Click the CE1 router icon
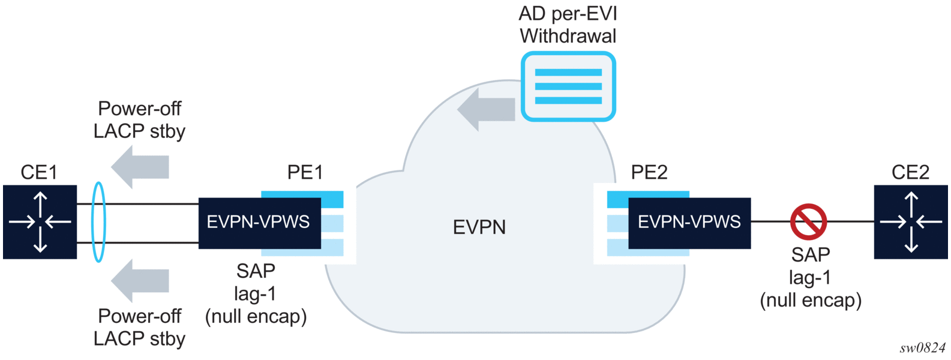[40, 222]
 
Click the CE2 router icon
[911, 222]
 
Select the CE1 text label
[39, 173]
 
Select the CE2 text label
[910, 173]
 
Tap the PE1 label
[305, 173]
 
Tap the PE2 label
[649, 173]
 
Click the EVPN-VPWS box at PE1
[259, 223]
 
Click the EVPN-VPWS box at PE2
[689, 223]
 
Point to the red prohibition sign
[808, 221]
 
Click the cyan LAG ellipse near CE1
[98, 222]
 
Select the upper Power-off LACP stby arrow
[140, 166]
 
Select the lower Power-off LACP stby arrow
[140, 280]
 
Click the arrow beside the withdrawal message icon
[486, 109]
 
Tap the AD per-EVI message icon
[568, 86]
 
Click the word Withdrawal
[568, 36]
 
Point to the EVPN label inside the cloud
[479, 227]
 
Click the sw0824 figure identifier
[922, 349]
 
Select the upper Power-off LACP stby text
[139, 120]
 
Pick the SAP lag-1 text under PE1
[256, 294]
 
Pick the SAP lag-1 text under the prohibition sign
[811, 277]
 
